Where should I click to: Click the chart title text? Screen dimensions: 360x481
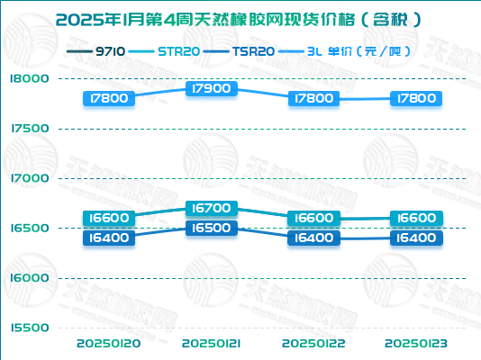240,17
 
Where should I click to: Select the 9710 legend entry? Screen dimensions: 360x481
95,51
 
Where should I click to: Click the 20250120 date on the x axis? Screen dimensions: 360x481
109,344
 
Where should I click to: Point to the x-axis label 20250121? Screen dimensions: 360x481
212,344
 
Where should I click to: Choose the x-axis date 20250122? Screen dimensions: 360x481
314,344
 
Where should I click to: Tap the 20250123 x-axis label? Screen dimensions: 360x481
416,344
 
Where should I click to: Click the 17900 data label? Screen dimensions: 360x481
212,88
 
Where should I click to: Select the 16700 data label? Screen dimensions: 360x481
212,208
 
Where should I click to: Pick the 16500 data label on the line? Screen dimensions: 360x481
212,228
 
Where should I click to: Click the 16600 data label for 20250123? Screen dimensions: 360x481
416,218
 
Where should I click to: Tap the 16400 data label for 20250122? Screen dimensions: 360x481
314,238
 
